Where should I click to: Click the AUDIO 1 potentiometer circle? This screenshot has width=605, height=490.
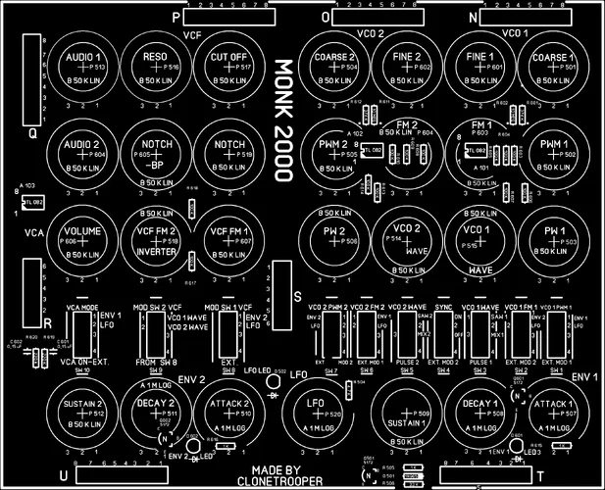[x=82, y=68]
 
